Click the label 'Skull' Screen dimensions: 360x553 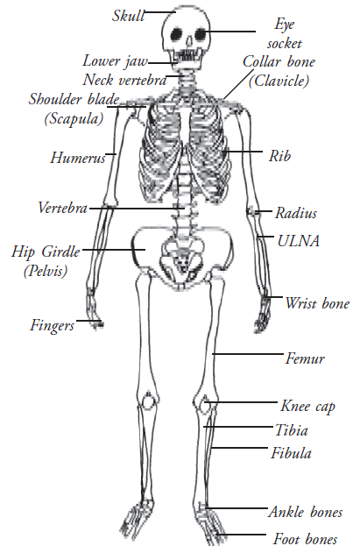[129, 16]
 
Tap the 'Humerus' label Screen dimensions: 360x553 [78, 158]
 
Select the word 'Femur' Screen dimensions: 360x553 [305, 358]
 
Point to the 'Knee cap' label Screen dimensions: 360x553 [307, 407]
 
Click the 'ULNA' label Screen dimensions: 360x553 [299, 241]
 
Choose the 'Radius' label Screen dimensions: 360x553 [296, 213]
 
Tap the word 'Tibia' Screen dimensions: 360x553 [292, 430]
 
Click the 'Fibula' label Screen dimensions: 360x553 [292, 453]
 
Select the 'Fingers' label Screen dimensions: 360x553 [53, 325]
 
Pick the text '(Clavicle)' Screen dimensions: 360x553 [279, 81]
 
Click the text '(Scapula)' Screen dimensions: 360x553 [74, 118]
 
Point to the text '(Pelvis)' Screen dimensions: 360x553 [46, 271]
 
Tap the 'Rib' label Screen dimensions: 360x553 [280, 155]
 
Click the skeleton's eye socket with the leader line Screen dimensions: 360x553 [201, 34]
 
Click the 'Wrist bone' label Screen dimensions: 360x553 [317, 303]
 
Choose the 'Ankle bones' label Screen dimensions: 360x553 [306, 512]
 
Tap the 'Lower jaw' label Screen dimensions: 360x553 [116, 61]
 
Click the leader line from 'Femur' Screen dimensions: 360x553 [248, 353]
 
